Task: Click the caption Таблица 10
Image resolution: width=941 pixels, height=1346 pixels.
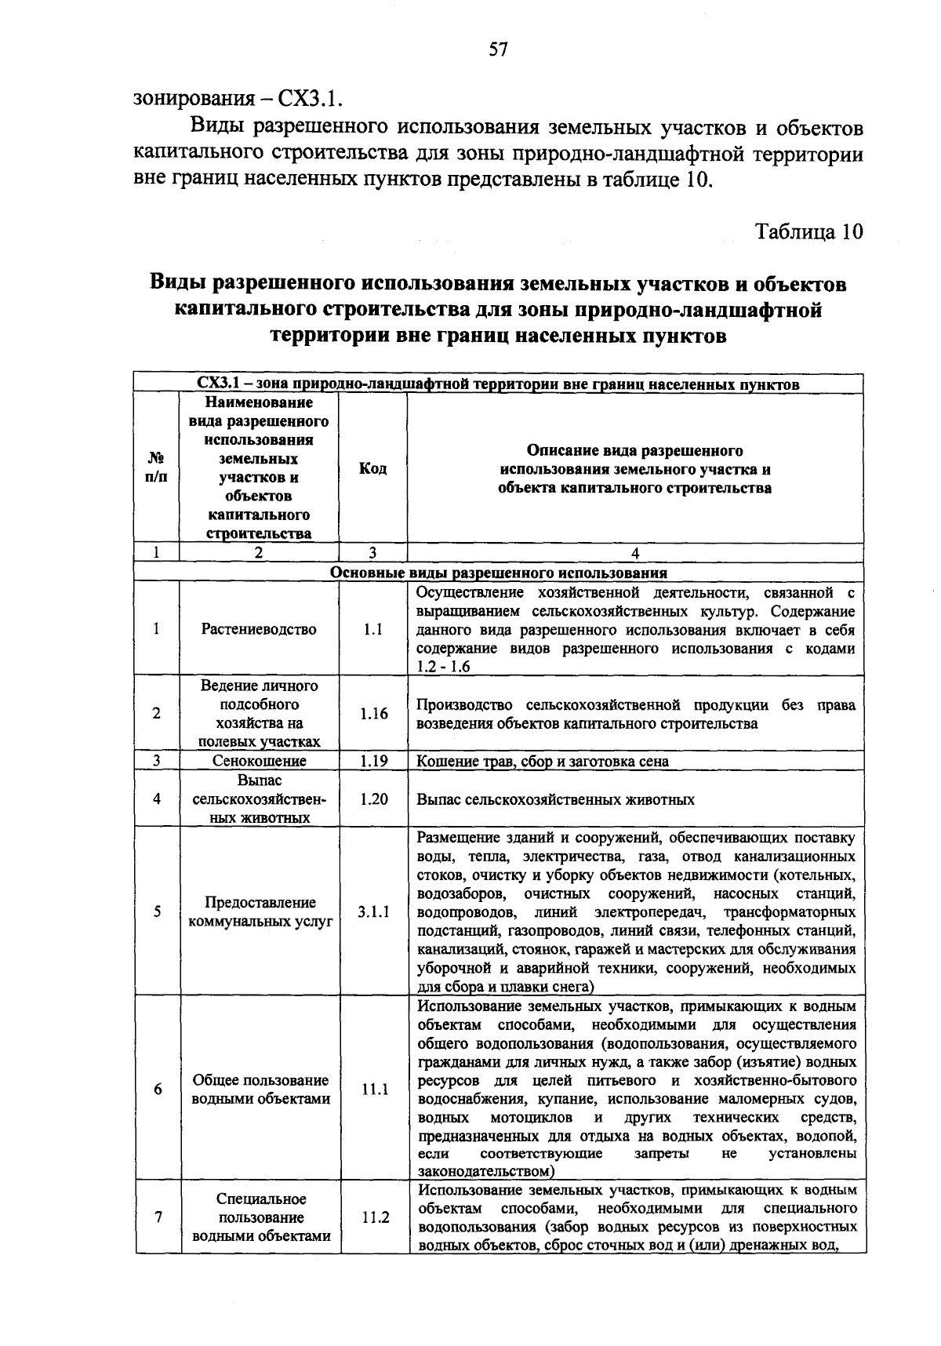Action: click(808, 232)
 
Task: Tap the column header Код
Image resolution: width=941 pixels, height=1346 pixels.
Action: click(372, 469)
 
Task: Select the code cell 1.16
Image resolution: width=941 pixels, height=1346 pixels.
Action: click(373, 714)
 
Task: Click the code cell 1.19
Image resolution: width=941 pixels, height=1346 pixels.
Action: click(373, 761)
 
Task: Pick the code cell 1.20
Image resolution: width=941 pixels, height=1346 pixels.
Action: click(373, 799)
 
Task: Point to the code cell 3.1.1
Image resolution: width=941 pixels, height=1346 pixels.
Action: click(373, 912)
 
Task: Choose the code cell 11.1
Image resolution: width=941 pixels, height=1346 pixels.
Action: click(374, 1090)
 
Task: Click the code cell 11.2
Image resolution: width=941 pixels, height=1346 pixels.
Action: click(375, 1218)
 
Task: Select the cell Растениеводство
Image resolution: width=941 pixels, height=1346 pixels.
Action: click(259, 629)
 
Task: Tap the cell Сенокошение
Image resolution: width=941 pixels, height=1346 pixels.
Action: click(260, 761)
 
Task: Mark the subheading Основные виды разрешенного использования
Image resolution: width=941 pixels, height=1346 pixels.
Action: click(499, 573)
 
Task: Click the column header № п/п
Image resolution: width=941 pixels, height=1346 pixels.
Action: click(156, 469)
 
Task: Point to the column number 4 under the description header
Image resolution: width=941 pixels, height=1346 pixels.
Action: click(635, 553)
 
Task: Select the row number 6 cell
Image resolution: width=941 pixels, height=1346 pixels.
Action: click(158, 1090)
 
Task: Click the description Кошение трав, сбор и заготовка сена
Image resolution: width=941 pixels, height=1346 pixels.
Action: click(543, 761)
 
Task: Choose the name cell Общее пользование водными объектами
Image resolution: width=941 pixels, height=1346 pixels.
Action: click(260, 1090)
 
